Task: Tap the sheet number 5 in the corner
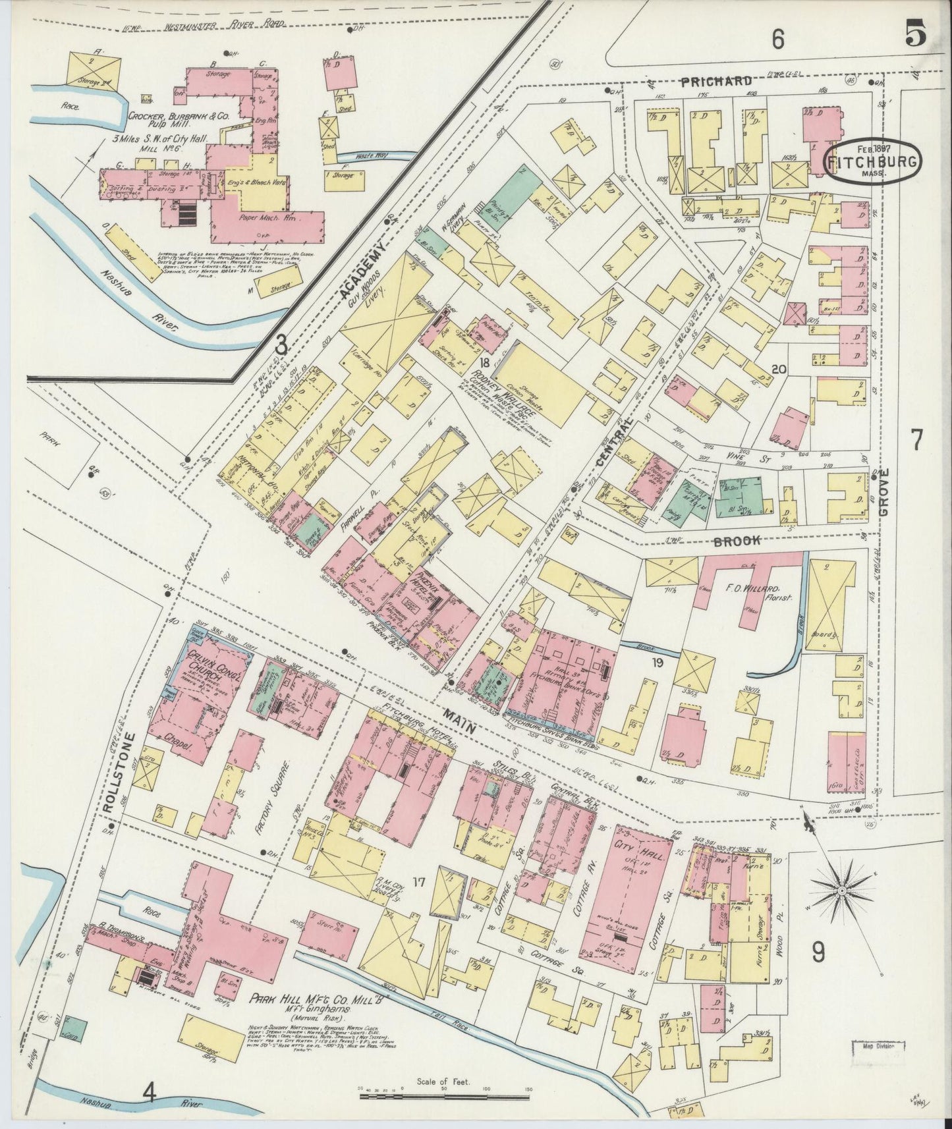pos(916,33)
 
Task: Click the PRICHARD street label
pos(716,82)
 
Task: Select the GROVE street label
pos(883,491)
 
